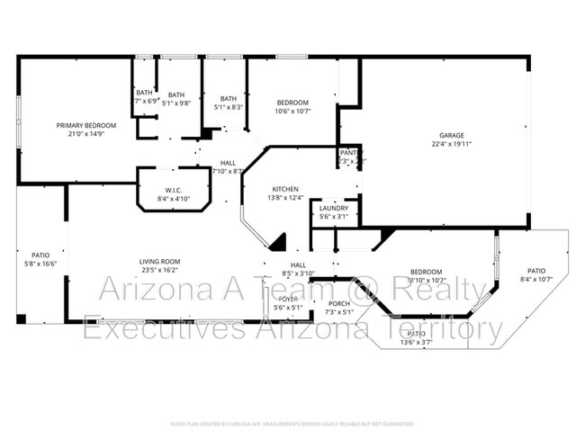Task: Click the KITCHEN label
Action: coord(285,189)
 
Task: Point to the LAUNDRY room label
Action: coord(334,208)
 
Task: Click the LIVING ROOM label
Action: coord(159,261)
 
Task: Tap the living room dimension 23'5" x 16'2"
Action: coord(159,270)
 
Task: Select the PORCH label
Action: coord(339,303)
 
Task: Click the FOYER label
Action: coord(288,299)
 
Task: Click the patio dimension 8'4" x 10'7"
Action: coord(536,279)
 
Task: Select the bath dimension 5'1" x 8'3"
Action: coord(229,108)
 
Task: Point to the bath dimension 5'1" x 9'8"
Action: coord(176,103)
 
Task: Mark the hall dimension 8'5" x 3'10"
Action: coord(298,273)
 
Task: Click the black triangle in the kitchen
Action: coord(278,242)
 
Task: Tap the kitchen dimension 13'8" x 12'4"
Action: coord(285,198)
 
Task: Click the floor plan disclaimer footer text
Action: coord(292,423)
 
